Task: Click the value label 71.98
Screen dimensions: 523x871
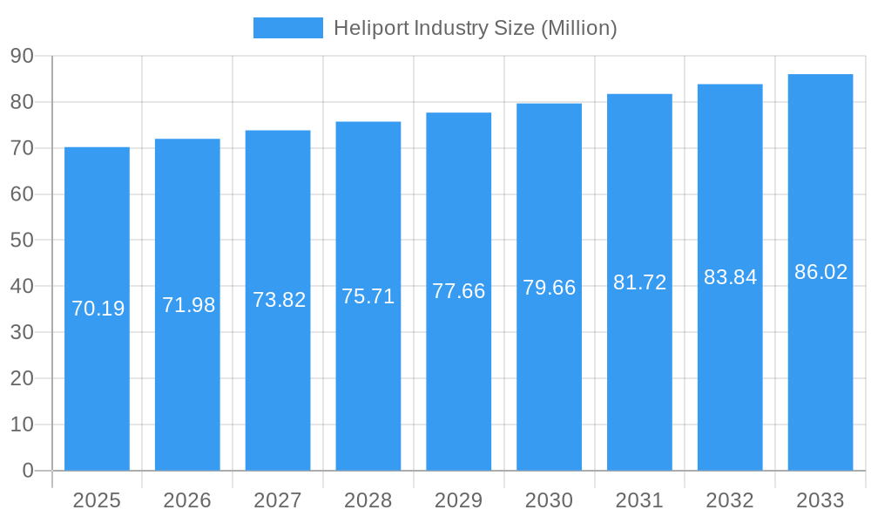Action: click(188, 305)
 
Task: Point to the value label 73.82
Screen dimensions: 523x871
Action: click(279, 300)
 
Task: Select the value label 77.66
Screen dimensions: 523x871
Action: click(458, 291)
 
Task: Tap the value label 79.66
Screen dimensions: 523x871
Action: click(549, 288)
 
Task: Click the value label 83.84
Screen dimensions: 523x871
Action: click(730, 277)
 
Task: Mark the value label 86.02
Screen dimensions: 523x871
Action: click(820, 272)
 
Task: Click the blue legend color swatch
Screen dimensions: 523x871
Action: click(287, 28)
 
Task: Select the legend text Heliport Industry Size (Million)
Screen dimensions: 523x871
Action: click(476, 28)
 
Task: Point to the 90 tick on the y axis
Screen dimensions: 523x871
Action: click(22, 56)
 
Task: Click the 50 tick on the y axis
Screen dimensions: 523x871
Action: click(22, 240)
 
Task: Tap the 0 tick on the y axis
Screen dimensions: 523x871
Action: click(27, 471)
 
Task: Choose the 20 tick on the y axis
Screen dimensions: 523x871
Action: click(22, 378)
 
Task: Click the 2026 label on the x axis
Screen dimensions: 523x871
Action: click(187, 500)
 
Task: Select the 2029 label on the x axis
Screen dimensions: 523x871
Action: click(458, 500)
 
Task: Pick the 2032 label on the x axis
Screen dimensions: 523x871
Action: click(730, 500)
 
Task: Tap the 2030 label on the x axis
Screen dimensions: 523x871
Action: click(549, 500)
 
